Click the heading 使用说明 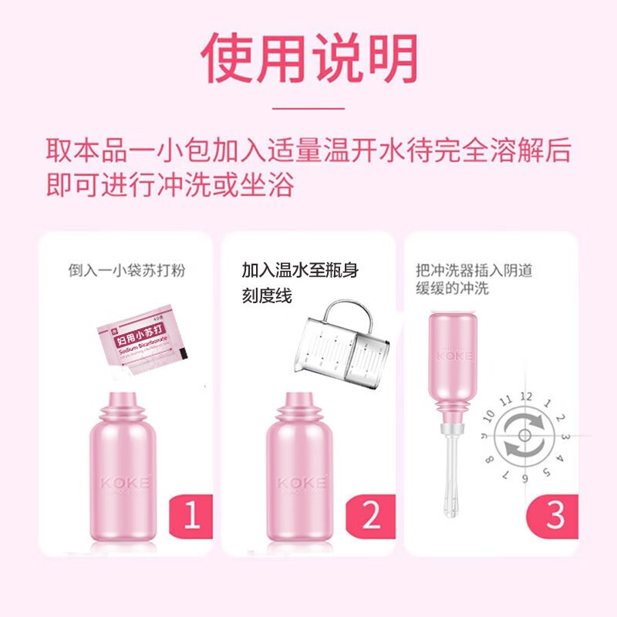click(x=308, y=59)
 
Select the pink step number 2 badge click(x=373, y=514)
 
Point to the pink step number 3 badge click(x=555, y=514)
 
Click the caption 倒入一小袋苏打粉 click(x=126, y=271)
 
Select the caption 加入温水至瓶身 click(x=300, y=271)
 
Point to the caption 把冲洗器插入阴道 click(x=474, y=271)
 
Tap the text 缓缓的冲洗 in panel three click(x=451, y=289)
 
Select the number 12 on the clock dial click(x=526, y=396)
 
